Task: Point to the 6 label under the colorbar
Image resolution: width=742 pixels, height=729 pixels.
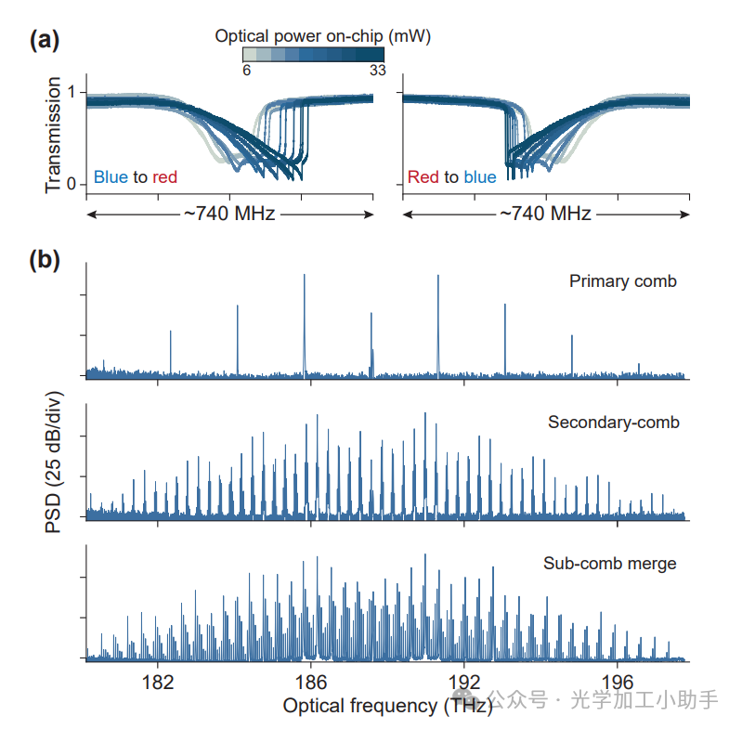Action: pos(246,70)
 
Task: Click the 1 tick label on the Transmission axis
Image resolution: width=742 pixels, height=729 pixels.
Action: pos(72,93)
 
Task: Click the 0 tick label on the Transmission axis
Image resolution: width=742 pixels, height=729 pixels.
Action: pos(72,184)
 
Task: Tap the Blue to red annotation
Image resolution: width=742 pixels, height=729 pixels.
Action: pos(136,176)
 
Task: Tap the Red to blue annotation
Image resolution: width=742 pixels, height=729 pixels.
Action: pos(451,176)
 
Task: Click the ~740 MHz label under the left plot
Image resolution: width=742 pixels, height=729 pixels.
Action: pos(229,214)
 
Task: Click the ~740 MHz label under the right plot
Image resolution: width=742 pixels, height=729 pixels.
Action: pos(546,214)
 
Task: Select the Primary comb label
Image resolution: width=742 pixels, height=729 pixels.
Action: pos(623,280)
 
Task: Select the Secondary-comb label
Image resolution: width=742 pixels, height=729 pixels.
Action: pos(614,423)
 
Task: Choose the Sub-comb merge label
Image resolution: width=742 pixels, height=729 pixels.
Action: pos(609,563)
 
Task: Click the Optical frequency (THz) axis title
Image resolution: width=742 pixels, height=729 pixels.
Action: pos(374,706)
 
